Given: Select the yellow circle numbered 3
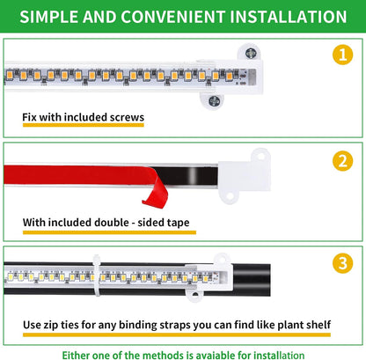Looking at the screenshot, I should [340, 263].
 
